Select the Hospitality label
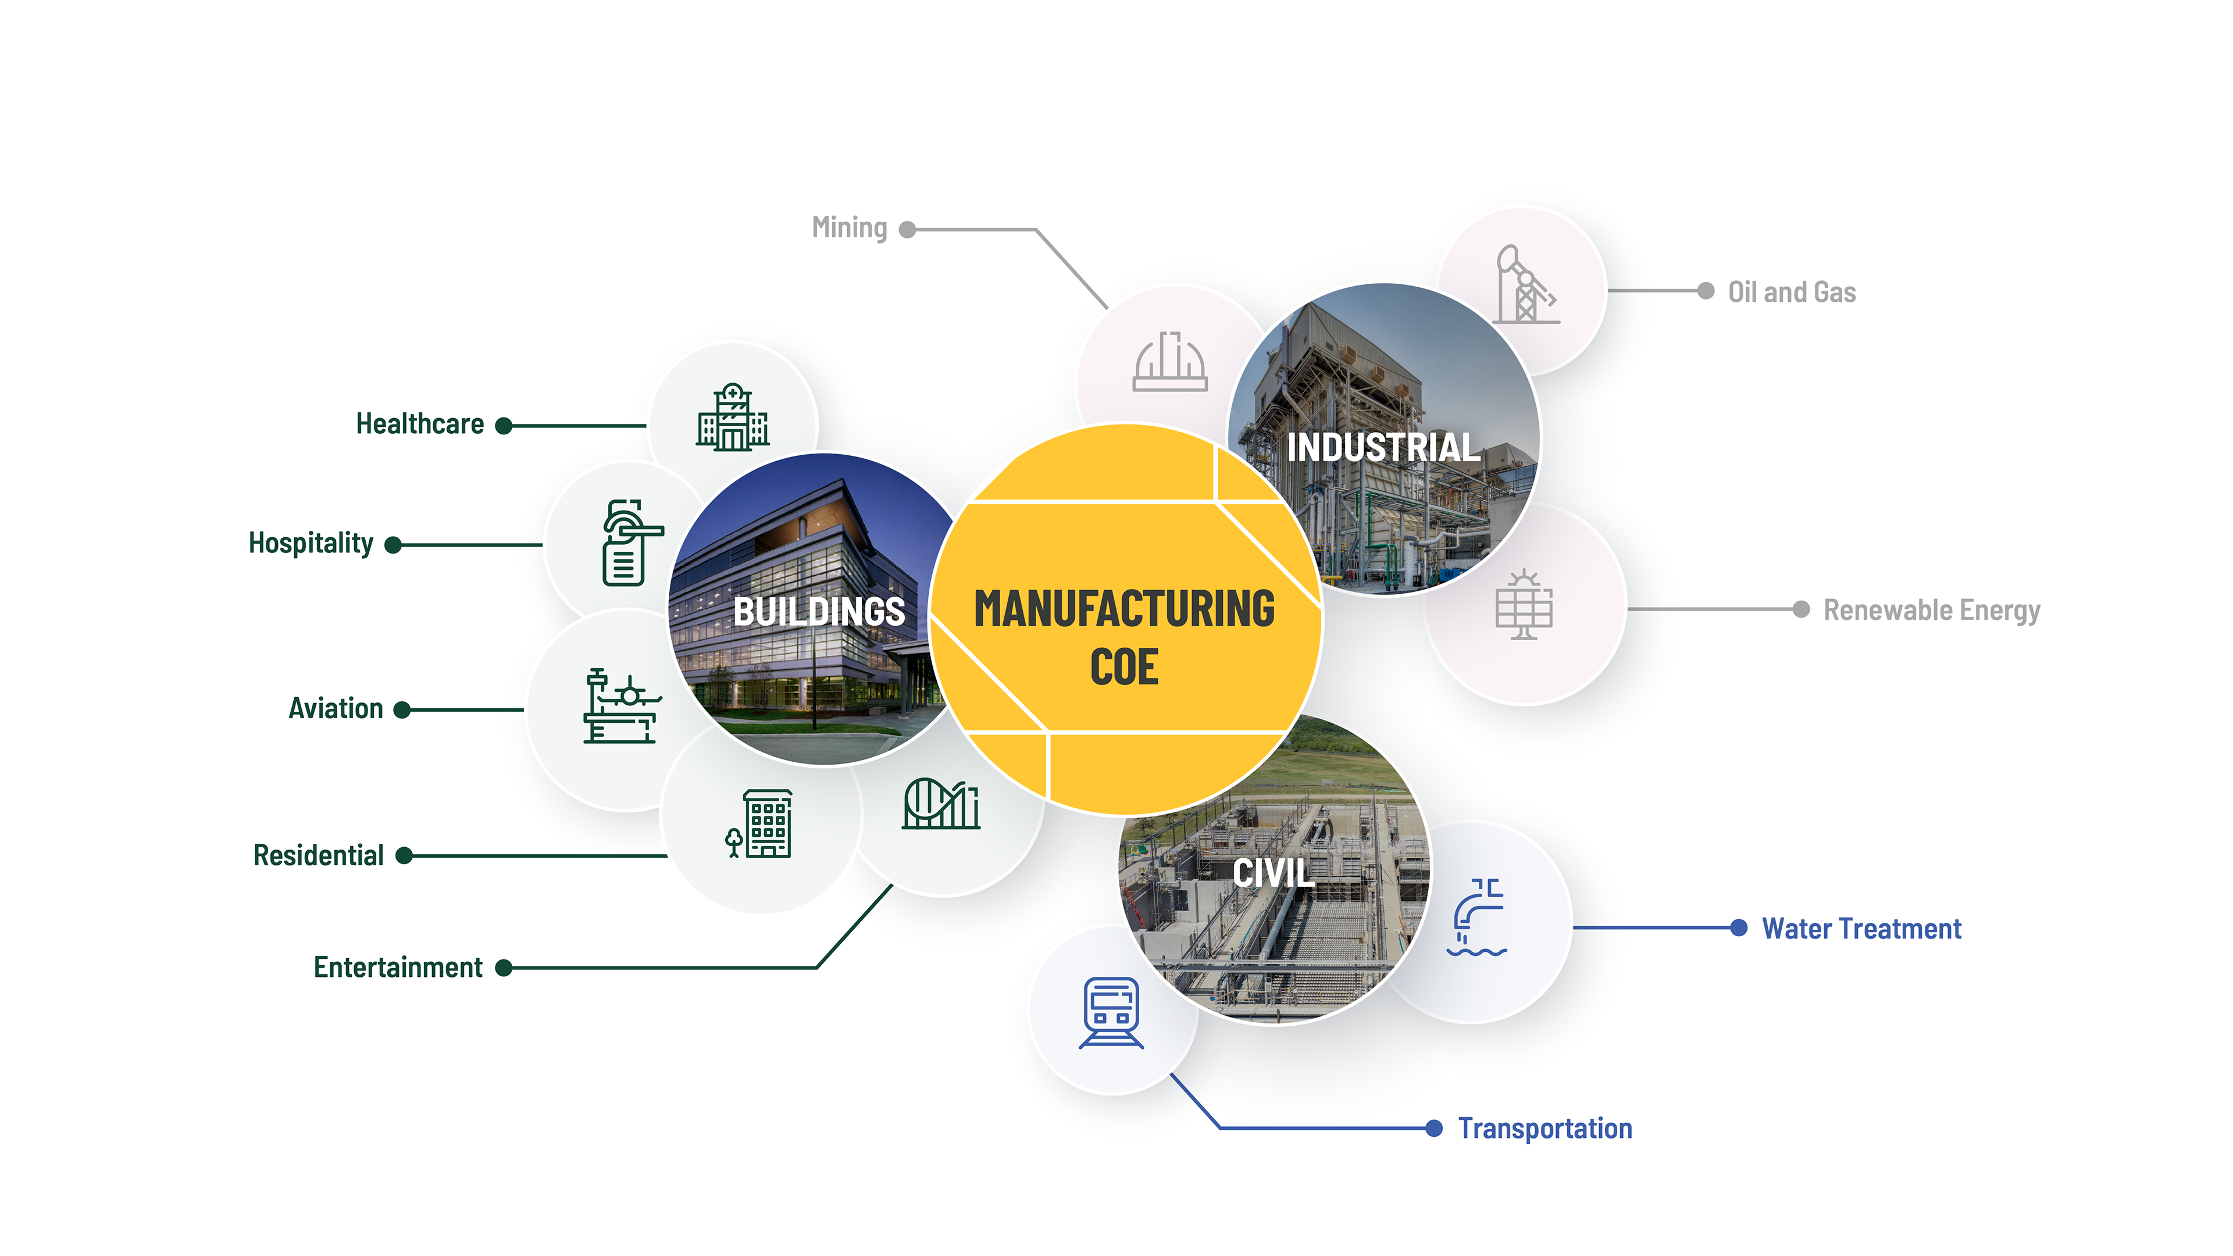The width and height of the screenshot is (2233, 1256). coord(311,544)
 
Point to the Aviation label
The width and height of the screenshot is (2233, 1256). coord(336,709)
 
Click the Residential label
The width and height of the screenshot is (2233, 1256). coord(318,855)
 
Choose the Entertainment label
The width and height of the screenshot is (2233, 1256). coord(398,968)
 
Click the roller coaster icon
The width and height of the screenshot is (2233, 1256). coord(940,804)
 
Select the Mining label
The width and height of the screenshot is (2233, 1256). coord(850,228)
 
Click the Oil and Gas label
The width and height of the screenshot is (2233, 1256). coord(1792,292)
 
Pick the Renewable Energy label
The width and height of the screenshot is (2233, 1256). coord(1931,610)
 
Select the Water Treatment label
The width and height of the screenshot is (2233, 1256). coord(1861,929)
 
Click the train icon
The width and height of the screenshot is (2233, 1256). coord(1111,1012)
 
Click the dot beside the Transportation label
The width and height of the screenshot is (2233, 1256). coord(1434,1127)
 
